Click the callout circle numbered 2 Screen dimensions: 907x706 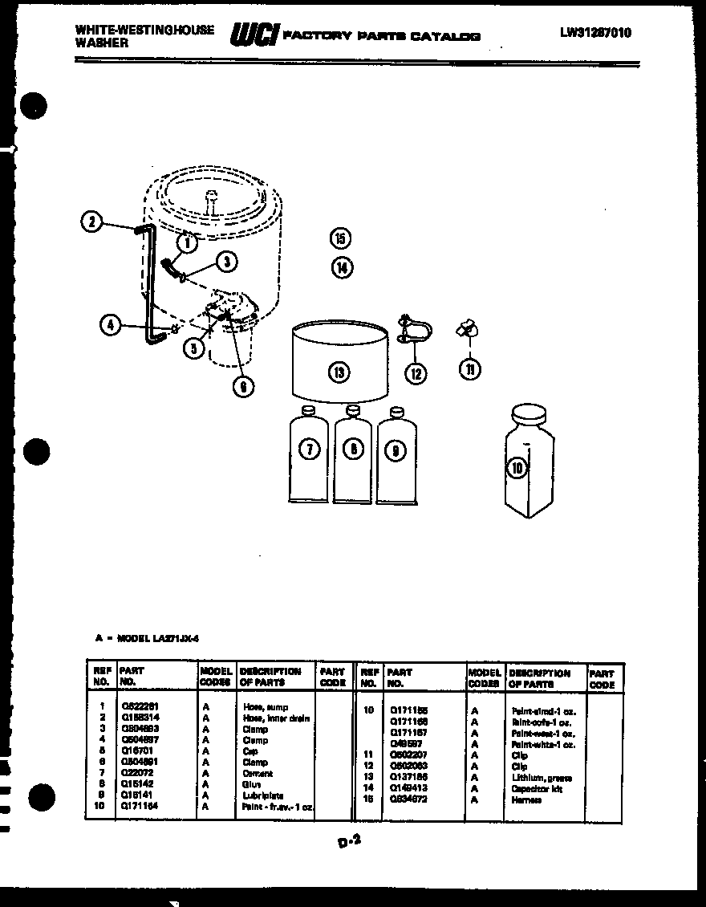tap(92, 222)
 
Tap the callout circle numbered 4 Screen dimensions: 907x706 tap(112, 325)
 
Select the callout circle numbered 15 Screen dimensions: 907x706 tap(341, 238)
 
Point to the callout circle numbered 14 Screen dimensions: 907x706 tap(342, 267)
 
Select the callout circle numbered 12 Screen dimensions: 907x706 tap(416, 372)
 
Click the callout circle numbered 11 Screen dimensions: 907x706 tap(470, 368)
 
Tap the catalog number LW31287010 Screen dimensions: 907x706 tap(595, 33)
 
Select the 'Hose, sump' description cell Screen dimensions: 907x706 tap(266, 707)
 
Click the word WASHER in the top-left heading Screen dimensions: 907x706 tap(101, 43)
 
